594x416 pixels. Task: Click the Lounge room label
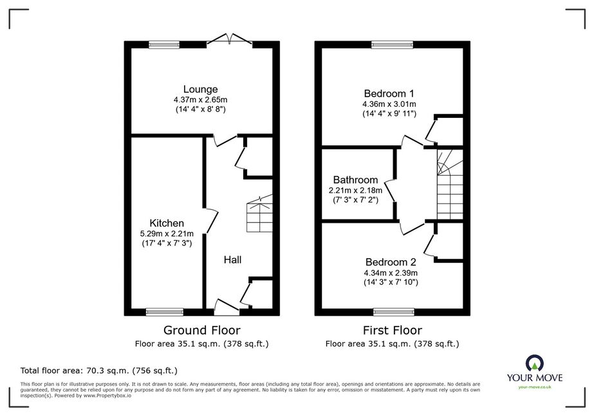coord(200,90)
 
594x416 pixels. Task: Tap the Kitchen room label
coord(167,223)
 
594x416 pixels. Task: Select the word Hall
coord(232,260)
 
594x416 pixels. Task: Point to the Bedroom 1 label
coord(389,93)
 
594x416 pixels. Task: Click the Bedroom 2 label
coord(391,262)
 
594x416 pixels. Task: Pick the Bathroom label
coord(355,180)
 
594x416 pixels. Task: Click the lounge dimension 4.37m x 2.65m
coord(200,100)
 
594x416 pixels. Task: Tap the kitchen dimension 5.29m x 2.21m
coord(167,234)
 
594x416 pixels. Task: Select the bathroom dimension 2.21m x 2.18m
coord(355,190)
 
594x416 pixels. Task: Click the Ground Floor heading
coord(201,330)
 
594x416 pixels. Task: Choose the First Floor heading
coord(392,330)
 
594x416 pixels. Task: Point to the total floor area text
coord(99,370)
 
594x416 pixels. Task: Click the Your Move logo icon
coord(535,363)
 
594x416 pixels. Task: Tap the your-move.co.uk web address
coord(535,387)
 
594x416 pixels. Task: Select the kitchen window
coord(165,312)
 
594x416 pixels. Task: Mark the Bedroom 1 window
coord(392,44)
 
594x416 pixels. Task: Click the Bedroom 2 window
coord(394,312)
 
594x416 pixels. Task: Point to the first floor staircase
coord(450,185)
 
